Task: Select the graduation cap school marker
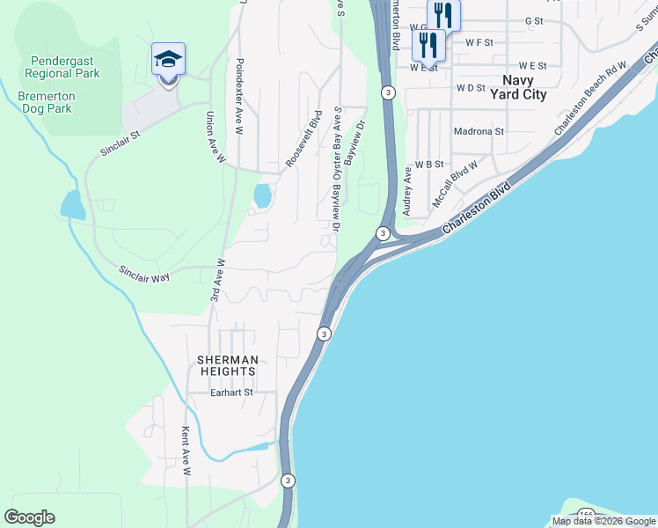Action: tap(168, 59)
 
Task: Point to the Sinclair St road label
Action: tap(121, 144)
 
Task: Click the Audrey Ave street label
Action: tap(407, 193)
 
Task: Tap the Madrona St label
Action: tap(479, 131)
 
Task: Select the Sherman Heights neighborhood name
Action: tap(228, 366)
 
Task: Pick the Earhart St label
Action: tap(231, 392)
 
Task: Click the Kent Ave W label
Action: tap(186, 451)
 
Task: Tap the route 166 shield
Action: tap(587, 514)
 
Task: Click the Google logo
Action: tap(30, 517)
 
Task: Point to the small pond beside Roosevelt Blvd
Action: tap(262, 196)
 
